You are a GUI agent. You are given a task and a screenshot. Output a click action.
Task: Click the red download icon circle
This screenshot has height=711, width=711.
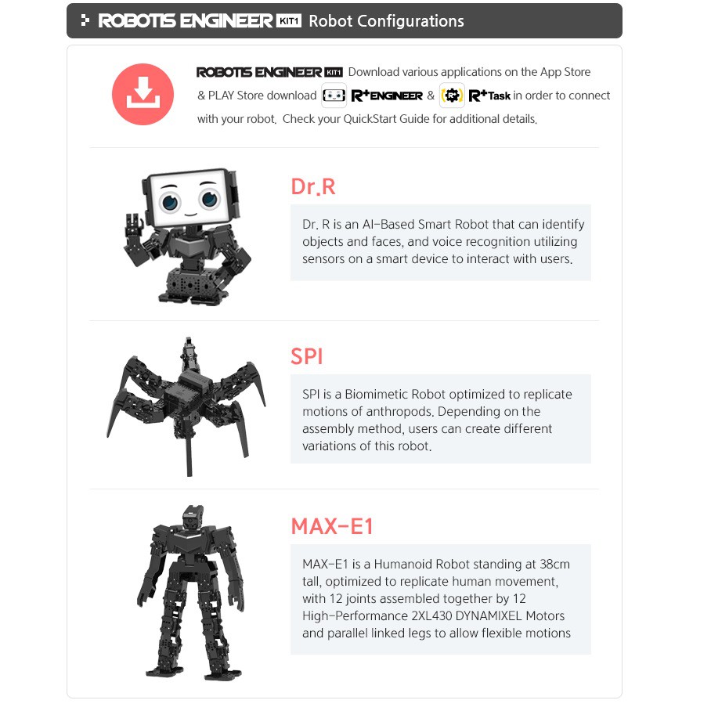143,94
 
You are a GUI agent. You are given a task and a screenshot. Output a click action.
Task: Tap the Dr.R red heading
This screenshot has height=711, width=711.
313,187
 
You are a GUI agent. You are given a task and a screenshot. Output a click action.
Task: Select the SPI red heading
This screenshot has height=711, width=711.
306,356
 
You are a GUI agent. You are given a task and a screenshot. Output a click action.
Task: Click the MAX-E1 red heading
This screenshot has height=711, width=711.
332,526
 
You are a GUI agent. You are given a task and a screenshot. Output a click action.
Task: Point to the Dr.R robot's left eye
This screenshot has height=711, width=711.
170,201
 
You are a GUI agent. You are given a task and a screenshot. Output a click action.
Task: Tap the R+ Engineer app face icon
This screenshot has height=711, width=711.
334,96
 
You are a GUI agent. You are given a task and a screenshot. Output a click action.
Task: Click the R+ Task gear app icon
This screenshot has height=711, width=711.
452,96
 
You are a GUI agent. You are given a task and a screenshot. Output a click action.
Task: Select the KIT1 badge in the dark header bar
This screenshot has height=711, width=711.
289,21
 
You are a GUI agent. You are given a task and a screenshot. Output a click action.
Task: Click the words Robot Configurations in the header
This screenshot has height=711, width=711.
386,21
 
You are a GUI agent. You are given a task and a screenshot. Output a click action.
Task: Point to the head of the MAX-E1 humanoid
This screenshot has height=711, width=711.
193,517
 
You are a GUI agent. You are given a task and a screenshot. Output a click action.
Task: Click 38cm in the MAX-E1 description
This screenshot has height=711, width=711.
554,564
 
